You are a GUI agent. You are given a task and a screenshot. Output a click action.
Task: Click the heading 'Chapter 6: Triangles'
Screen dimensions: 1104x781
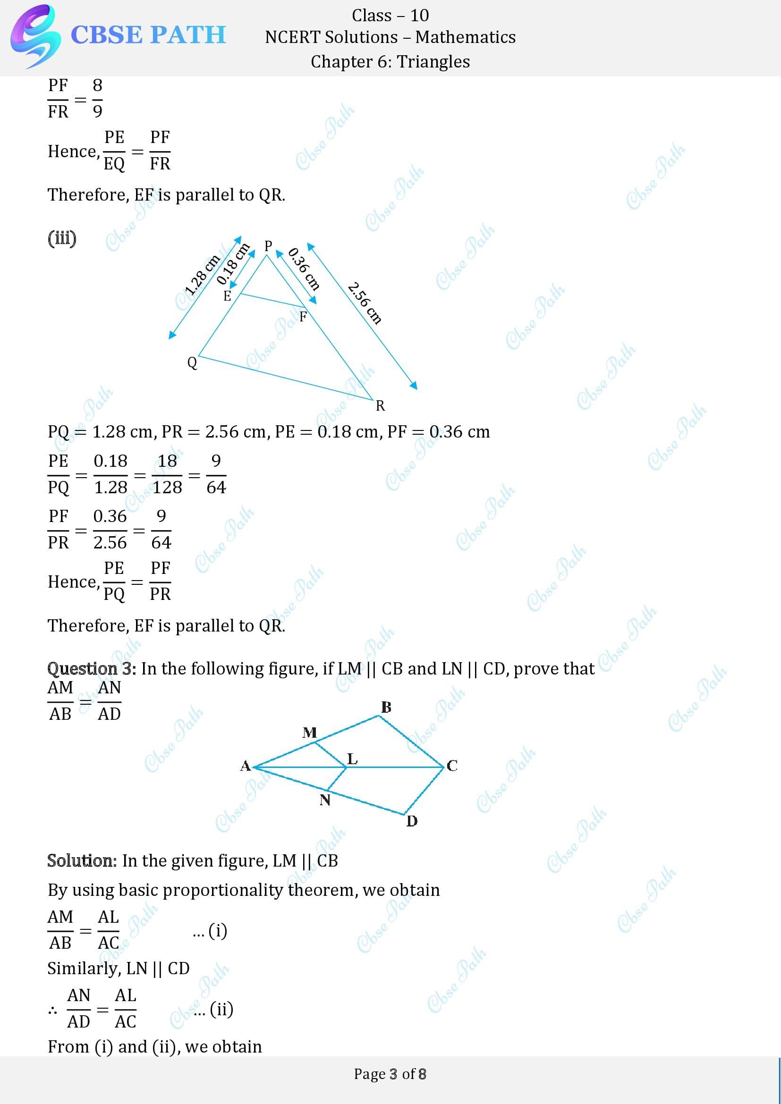click(x=390, y=61)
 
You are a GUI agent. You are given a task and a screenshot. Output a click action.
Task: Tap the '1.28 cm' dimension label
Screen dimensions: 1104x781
click(x=202, y=275)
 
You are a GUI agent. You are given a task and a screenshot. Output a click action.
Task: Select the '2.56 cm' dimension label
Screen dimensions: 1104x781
click(x=365, y=303)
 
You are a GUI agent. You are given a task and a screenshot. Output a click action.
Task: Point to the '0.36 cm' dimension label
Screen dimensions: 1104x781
click(x=304, y=269)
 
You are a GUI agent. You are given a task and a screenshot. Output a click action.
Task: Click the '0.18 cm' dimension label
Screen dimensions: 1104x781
click(x=233, y=264)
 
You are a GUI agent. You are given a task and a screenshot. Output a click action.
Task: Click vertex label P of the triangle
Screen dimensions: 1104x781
click(x=268, y=246)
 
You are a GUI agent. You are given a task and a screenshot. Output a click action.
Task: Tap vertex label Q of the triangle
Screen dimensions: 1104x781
click(x=192, y=362)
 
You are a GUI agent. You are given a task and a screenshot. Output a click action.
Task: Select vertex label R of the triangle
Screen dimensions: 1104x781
click(x=380, y=406)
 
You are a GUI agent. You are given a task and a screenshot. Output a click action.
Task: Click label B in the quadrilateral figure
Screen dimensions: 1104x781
click(x=386, y=708)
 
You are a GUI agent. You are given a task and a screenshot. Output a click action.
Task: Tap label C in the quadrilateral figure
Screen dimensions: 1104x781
click(x=452, y=766)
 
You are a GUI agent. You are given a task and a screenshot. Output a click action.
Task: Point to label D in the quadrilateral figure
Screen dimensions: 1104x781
click(x=412, y=821)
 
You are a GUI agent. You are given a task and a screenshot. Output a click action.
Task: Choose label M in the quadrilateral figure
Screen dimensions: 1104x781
click(x=309, y=733)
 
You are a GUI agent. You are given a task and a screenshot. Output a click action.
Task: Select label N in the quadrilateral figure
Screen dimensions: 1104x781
click(x=325, y=800)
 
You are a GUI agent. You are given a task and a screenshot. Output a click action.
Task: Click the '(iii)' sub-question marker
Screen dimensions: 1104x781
click(x=62, y=238)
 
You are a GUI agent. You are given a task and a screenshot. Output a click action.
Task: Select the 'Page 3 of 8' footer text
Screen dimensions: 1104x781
click(x=390, y=1074)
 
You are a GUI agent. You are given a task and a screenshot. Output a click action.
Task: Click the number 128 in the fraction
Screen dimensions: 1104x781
click(x=167, y=488)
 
